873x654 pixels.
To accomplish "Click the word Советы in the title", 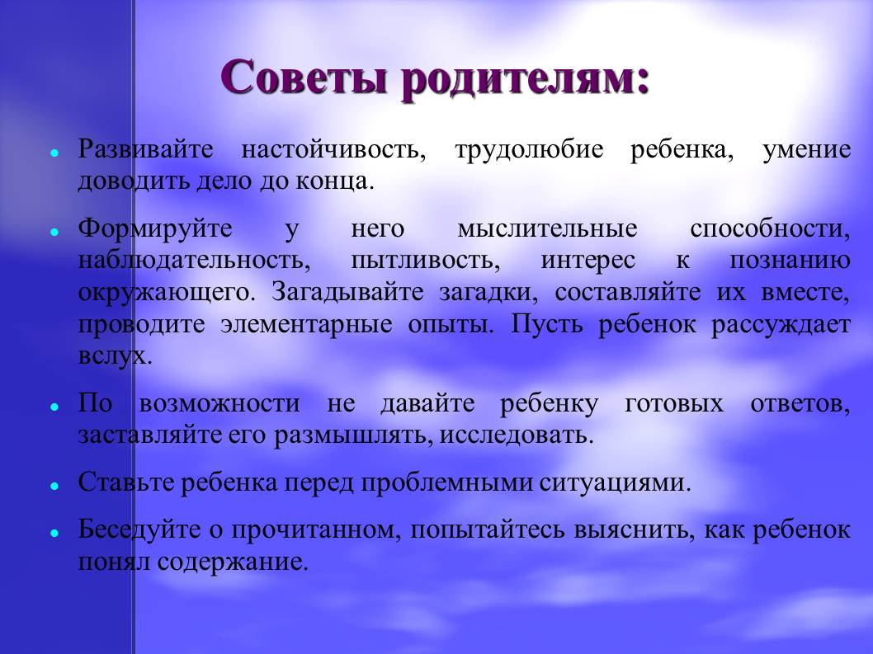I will pos(304,78).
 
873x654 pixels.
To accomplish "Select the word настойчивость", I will pos(334,150).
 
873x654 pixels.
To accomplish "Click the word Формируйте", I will pos(155,228).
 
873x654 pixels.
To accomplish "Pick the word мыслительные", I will pos(547,228).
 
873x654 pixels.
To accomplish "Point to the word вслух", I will pos(116,355).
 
